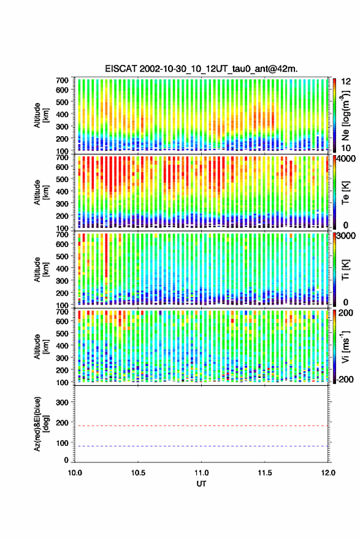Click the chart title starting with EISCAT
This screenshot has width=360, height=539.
[x=201, y=69]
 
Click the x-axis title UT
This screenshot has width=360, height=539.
[x=201, y=484]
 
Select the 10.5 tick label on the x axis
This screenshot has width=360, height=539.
[x=138, y=473]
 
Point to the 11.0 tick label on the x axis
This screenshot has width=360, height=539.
[x=201, y=473]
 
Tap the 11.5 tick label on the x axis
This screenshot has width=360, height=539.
[x=264, y=473]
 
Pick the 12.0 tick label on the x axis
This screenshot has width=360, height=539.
[x=327, y=473]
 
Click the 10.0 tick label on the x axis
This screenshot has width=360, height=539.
[x=75, y=473]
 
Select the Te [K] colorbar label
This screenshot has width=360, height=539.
[x=345, y=193]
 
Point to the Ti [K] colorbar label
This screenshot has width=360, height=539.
[x=345, y=270]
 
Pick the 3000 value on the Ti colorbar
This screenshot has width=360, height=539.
[x=347, y=236]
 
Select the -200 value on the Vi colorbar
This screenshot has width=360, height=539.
[x=345, y=380]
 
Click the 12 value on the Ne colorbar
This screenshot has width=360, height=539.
[x=347, y=82]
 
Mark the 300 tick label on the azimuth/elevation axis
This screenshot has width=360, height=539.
[x=62, y=402]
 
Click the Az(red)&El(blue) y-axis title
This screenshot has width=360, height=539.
[x=40, y=424]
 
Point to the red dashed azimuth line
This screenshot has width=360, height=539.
[x=201, y=426]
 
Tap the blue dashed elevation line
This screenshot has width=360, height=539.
[x=201, y=446]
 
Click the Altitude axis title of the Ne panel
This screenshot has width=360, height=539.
[x=40, y=115]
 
